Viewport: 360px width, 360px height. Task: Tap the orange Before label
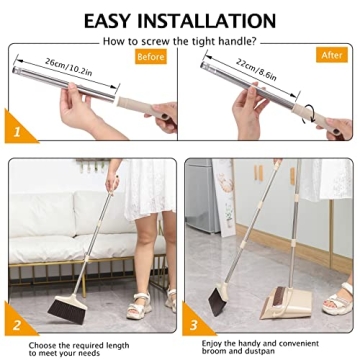pyautogui.click(x=150, y=58)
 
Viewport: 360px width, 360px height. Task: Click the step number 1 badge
pyautogui.click(x=16, y=130)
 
